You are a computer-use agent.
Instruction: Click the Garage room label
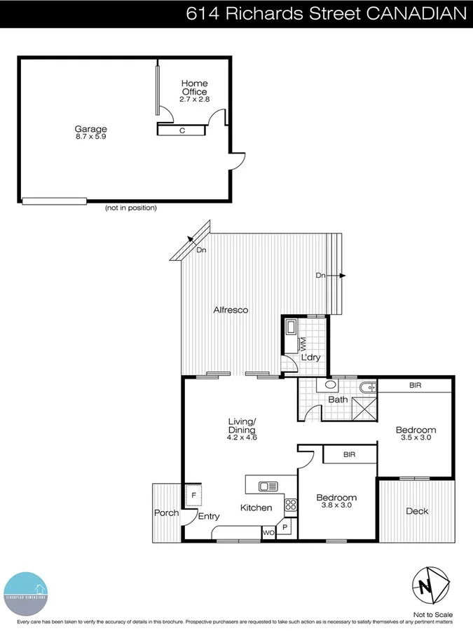coord(91,129)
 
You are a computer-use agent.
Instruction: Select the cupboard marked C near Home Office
coord(182,130)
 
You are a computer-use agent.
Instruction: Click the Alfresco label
coord(231,309)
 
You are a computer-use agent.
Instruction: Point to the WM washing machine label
coord(303,344)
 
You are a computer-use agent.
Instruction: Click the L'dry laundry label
coord(310,358)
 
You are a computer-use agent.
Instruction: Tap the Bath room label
coord(338,400)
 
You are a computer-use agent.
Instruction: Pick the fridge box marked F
coord(193,495)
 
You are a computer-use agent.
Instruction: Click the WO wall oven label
coord(268,533)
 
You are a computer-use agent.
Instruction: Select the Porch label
coord(167,513)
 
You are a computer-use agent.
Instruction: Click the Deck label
coord(417,511)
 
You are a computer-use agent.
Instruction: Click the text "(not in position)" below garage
coord(130,208)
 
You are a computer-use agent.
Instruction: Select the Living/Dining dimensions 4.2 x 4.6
coord(242,437)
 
